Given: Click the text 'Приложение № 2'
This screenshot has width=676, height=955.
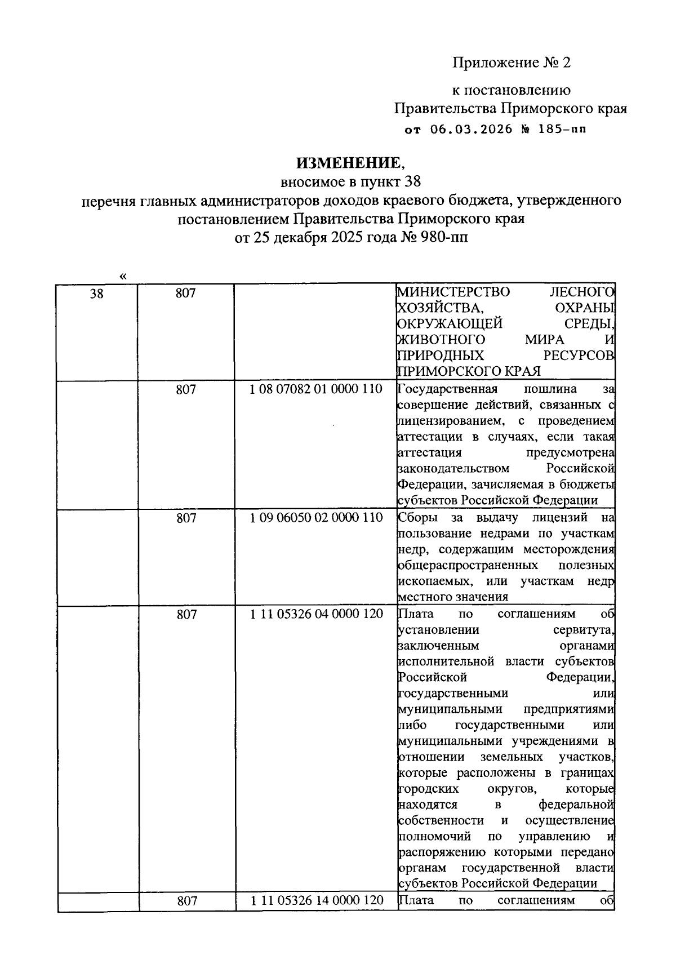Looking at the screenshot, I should coord(512,63).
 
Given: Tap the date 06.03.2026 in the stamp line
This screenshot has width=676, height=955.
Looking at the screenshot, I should coord(472,129).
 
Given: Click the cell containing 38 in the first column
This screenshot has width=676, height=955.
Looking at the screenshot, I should coord(97,293).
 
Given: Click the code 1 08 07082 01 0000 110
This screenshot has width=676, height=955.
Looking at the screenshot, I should coord(316,389).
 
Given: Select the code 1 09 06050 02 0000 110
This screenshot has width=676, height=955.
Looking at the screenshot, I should coord(316,517).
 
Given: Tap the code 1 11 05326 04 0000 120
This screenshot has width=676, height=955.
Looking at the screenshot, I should coord(316,614).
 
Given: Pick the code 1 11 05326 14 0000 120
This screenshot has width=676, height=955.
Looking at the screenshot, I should coord(316,900).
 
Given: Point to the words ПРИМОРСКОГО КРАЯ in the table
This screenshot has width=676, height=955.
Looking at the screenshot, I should coord(469,371).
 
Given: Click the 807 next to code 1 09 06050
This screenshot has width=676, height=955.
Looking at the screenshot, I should coord(186,517).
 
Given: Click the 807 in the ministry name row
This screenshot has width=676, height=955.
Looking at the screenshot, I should coord(186,293).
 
